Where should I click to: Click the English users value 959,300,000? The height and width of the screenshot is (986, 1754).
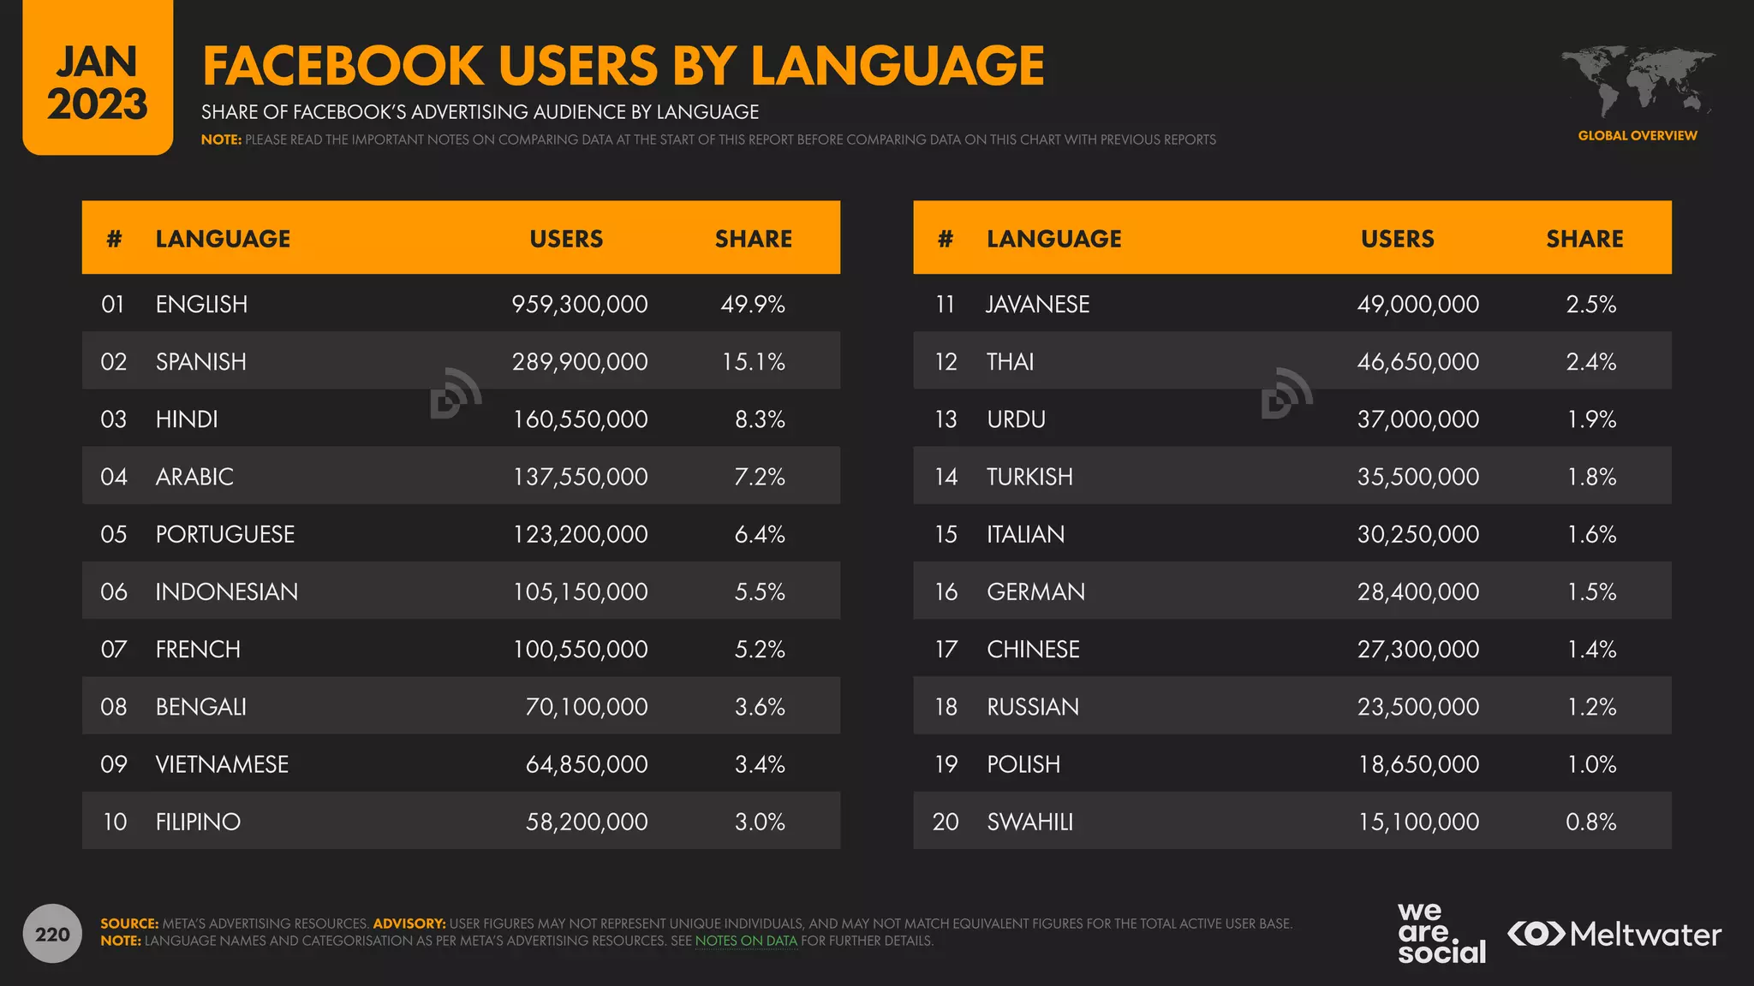[x=580, y=304]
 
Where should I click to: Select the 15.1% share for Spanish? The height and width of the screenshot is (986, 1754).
[x=753, y=361]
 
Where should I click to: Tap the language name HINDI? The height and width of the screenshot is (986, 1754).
[x=187, y=419]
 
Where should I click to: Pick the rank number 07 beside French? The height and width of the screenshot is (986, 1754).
[x=114, y=649]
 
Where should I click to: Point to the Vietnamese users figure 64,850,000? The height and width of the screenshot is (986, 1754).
[x=587, y=764]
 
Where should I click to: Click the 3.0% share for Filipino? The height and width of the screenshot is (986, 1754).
[x=760, y=822]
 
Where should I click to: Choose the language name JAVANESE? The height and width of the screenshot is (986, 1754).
[x=1037, y=304]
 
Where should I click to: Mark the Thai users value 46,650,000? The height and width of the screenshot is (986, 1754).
[x=1417, y=361]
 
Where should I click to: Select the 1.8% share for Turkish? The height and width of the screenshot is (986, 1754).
[x=1591, y=477]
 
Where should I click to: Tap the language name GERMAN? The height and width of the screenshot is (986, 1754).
[x=1035, y=591]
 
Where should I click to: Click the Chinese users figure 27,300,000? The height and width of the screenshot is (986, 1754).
[x=1417, y=649]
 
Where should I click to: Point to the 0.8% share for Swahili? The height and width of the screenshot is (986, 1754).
[x=1590, y=822]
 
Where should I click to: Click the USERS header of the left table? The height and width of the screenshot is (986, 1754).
[x=566, y=239]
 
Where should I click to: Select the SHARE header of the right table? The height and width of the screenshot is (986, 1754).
[x=1584, y=239]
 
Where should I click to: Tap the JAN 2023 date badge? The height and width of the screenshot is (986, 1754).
[x=98, y=82]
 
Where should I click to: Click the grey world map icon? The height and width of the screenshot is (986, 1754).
[x=1637, y=81]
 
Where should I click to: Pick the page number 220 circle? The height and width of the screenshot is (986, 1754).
[x=52, y=934]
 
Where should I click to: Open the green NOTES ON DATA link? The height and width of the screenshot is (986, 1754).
[x=746, y=941]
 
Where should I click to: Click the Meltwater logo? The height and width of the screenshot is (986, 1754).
[x=1614, y=934]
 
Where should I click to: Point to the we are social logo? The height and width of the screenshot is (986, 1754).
[x=1441, y=933]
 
